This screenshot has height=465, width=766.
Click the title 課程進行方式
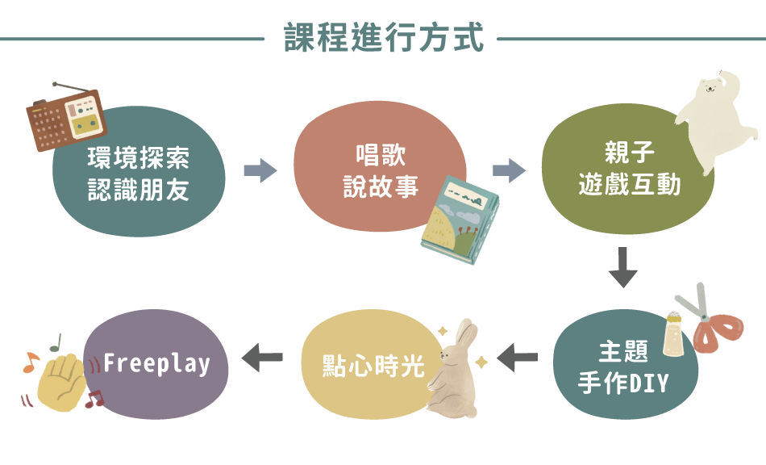[383, 38]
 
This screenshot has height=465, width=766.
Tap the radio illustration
[66, 118]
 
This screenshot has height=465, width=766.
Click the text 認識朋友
[139, 189]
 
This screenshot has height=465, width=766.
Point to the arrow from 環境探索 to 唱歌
[260, 170]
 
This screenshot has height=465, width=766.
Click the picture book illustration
[460, 218]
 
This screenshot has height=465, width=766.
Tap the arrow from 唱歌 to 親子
[509, 170]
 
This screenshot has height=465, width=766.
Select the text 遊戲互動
[630, 185]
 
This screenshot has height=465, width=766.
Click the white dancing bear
[714, 117]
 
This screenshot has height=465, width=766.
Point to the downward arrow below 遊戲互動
[622, 268]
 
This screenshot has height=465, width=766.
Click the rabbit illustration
[456, 369]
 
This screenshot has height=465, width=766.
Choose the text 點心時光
[373, 366]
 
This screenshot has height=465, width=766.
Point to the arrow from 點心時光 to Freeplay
[262, 356]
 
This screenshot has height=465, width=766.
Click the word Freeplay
[156, 363]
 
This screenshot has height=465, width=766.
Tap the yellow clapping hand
[63, 378]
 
